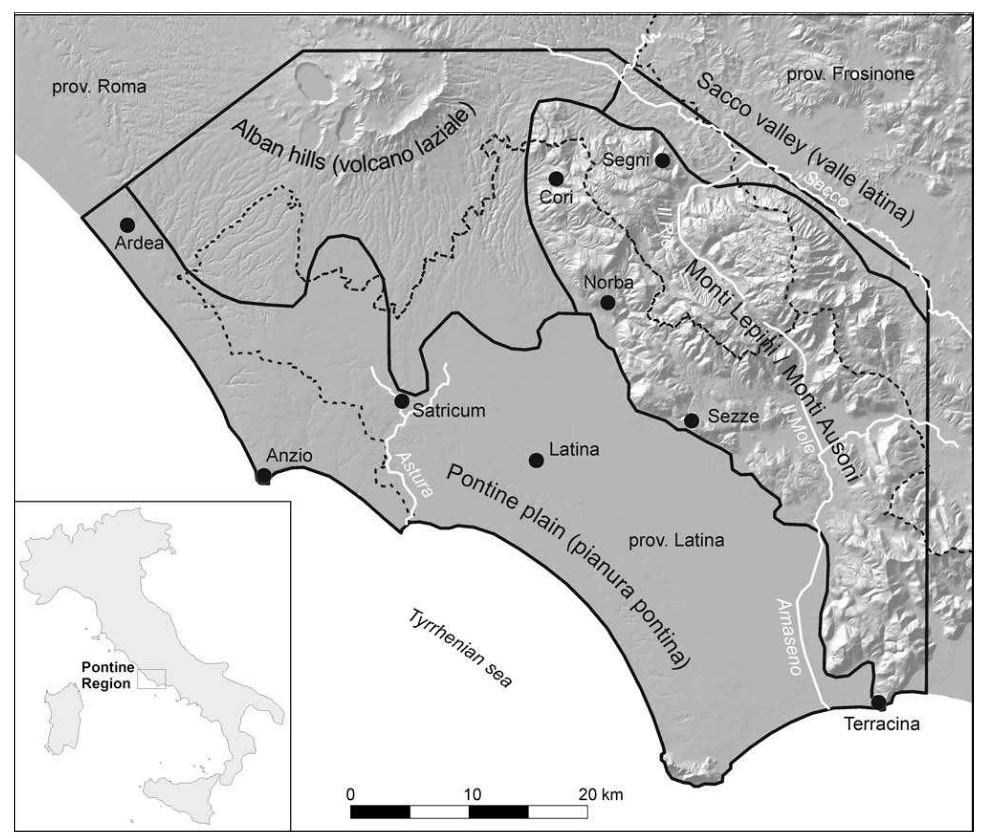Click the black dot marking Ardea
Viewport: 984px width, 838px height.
[127, 225]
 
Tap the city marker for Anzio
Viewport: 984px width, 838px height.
[263, 476]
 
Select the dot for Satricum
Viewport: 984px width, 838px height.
[402, 401]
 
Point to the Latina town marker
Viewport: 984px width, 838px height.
[536, 460]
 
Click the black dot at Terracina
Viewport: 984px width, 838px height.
[878, 703]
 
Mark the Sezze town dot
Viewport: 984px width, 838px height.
[691, 421]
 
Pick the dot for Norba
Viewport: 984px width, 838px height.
[607, 302]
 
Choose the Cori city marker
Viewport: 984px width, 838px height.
[556, 179]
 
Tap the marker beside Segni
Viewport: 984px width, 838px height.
[662, 161]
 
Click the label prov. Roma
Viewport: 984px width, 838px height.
[99, 87]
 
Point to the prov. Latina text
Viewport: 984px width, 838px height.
[676, 541]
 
